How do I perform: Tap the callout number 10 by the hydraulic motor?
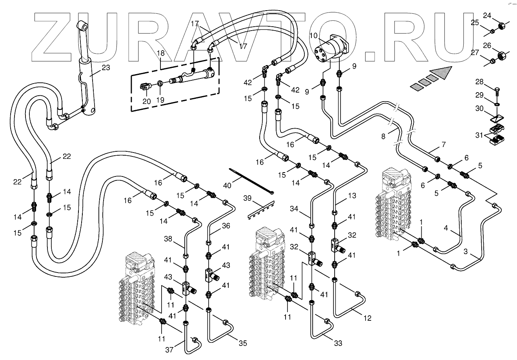pyautogui.click(x=313, y=36)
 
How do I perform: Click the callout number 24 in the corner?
pyautogui.click(x=487, y=16)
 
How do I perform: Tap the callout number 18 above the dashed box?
pyautogui.click(x=161, y=53)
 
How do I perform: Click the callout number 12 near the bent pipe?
pyautogui.click(x=367, y=318)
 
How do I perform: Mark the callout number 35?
pyautogui.click(x=243, y=343)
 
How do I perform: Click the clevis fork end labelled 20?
pyautogui.click(x=145, y=86)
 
